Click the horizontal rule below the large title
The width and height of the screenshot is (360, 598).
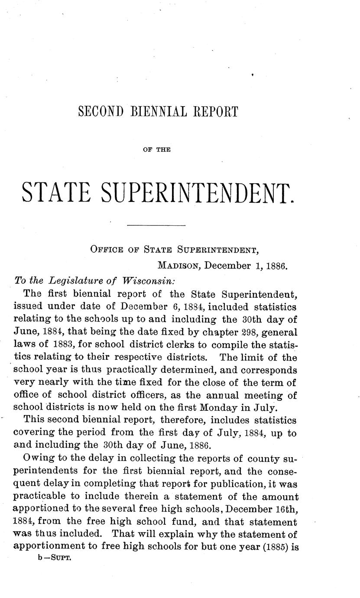(156, 225)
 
